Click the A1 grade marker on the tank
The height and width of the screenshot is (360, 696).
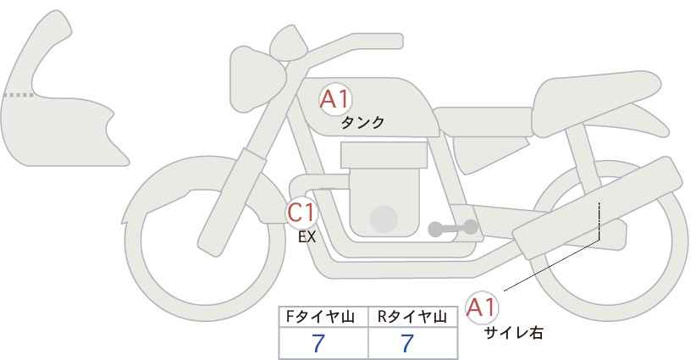[335, 99]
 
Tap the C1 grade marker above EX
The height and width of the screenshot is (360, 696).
[301, 212]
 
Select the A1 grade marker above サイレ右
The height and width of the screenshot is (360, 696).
[482, 307]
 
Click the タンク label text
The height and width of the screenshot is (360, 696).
[362, 123]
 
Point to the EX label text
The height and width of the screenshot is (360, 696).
[307, 237]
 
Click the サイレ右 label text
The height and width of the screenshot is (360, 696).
[514, 333]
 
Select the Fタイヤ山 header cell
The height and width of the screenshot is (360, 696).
[323, 317]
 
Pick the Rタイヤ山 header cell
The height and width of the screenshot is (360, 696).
[413, 317]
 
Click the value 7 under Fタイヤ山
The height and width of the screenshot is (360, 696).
[318, 343]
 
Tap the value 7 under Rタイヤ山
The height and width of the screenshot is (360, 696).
[407, 343]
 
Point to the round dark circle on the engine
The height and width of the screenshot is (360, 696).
[384, 219]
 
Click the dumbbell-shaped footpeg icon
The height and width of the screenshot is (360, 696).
[453, 228]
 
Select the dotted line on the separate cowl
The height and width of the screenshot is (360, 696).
[19, 95]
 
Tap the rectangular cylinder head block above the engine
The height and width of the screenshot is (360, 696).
[384, 155]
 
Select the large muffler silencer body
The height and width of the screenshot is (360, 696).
[598, 208]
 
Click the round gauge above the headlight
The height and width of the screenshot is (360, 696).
[289, 42]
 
